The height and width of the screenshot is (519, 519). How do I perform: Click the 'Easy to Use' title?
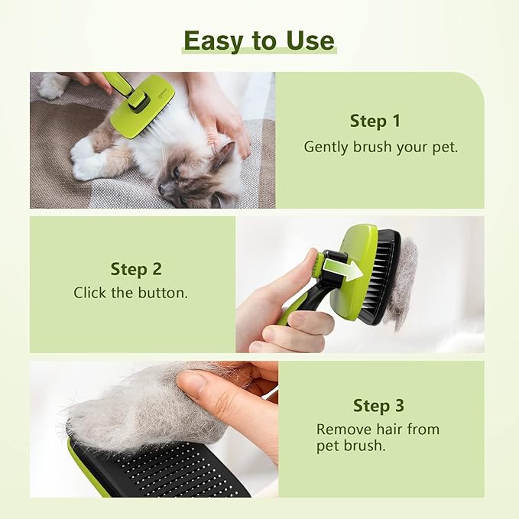[x=259, y=40]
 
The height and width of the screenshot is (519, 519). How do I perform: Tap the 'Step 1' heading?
[x=375, y=121]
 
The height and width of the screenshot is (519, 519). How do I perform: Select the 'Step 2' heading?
[x=136, y=268]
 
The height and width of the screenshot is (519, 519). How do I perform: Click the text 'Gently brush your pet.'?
[x=381, y=147]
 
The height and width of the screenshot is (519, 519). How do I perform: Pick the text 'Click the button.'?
[x=131, y=293]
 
